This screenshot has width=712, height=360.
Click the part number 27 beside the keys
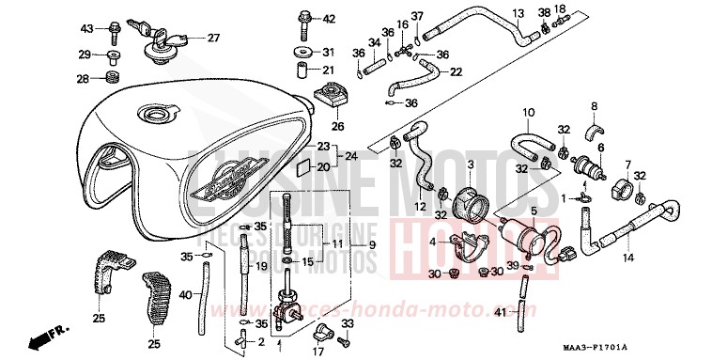[213, 39]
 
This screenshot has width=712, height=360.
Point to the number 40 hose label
[185, 295]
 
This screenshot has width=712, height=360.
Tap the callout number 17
[317, 352]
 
